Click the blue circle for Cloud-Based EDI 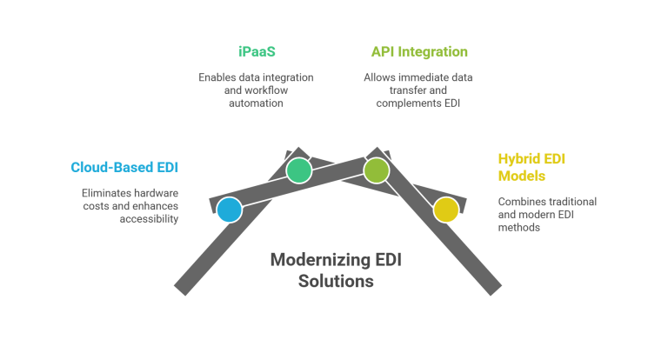click(229, 210)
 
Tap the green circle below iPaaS click(298, 170)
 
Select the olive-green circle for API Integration click(377, 170)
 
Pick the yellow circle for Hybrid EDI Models click(445, 210)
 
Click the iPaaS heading click(256, 52)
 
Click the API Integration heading click(418, 52)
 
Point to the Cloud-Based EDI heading click(124, 166)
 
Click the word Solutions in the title click(336, 282)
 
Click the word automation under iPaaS click(255, 103)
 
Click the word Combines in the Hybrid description click(518, 201)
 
